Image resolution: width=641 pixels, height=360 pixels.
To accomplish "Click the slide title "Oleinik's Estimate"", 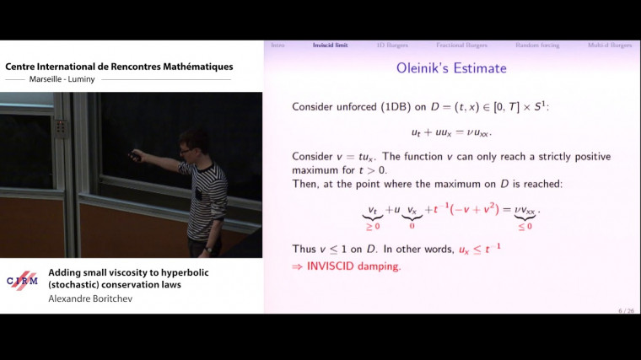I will click(451, 68).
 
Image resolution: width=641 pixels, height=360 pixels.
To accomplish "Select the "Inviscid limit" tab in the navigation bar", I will click(330, 45).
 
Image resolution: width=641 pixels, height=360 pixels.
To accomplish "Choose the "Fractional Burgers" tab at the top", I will click(461, 45).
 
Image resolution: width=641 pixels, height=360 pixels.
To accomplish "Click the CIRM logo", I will click(22, 282).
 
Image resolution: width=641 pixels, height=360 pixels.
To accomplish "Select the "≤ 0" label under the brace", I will click(524, 226).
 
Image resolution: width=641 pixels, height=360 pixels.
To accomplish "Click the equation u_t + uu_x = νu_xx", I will click(451, 132).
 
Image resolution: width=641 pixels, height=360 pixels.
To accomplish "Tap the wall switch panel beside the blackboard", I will click(61, 127).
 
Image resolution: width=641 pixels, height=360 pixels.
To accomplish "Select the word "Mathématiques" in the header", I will click(191, 67).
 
